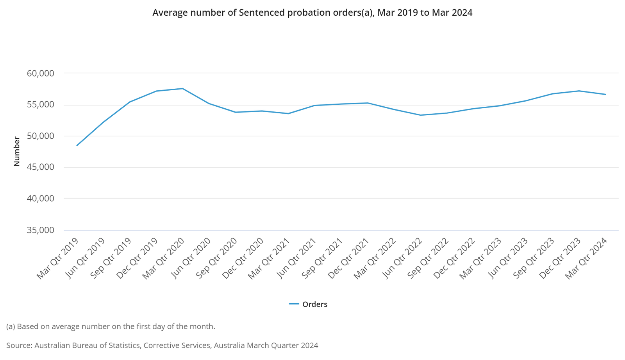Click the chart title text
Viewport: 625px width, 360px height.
(x=312, y=13)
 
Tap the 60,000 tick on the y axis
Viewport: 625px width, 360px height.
(x=40, y=73)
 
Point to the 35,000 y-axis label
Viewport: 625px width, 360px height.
(x=40, y=230)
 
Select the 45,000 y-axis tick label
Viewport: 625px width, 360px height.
(x=40, y=167)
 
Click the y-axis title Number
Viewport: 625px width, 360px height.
(x=16, y=151)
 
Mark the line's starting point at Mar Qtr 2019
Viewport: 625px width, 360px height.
(x=77, y=145)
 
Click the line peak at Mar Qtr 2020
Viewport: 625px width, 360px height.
(x=182, y=89)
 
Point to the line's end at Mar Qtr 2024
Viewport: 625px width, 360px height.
(x=605, y=94)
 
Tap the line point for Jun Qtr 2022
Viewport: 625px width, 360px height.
(x=421, y=115)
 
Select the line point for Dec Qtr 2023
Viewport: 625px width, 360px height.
(x=579, y=91)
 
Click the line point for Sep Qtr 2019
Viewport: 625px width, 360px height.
(x=130, y=102)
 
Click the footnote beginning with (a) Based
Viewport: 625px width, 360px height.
(x=111, y=326)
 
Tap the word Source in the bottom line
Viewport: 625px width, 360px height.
(x=19, y=346)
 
